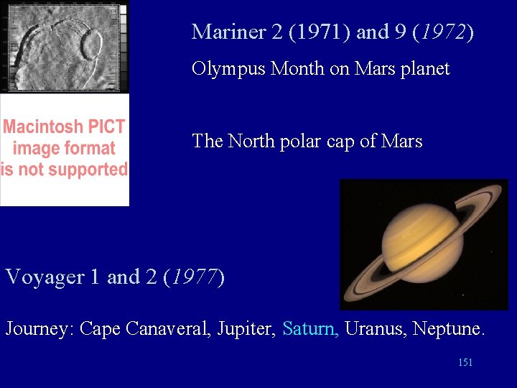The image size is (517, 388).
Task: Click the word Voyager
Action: pos(45,277)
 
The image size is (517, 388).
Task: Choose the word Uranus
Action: pos(372,329)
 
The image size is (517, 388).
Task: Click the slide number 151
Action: pos(465,363)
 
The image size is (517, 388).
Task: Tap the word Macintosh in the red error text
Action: pos(43,127)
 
